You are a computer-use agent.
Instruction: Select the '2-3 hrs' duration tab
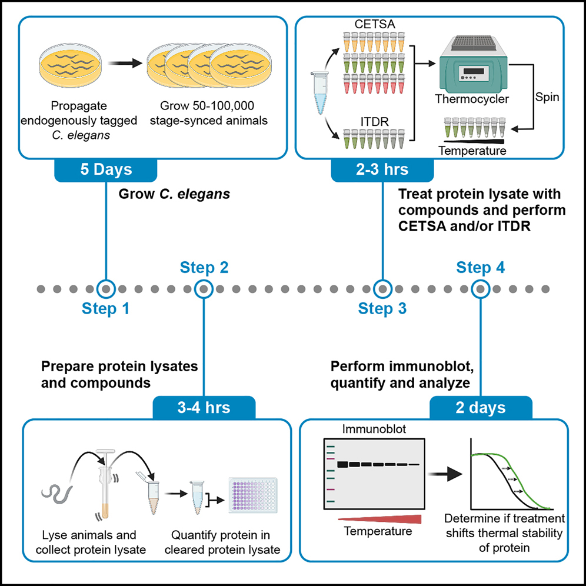coord(382,171)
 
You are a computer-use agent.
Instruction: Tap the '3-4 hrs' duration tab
coord(204,407)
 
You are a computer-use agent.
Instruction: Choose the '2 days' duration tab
coord(481,407)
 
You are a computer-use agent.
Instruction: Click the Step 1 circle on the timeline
coord(105,289)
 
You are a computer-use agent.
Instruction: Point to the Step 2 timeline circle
coord(204,289)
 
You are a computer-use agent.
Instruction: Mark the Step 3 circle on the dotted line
coord(382,289)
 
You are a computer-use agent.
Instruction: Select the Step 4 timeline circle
coord(481,289)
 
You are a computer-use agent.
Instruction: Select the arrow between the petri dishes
coord(125,64)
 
